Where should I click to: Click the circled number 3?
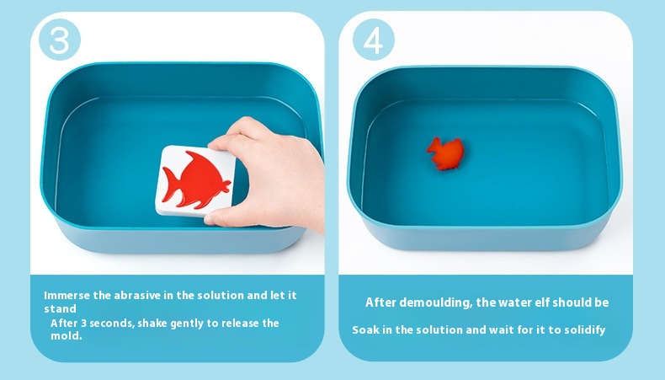point(60,40)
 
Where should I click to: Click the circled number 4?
point(373,40)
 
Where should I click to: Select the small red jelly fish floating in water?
point(445,153)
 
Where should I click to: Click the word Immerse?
point(67,295)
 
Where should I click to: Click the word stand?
point(61,308)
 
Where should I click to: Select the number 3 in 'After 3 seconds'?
point(83,323)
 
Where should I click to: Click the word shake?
point(152,323)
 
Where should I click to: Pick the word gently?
point(186,324)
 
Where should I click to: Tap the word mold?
point(66,336)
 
